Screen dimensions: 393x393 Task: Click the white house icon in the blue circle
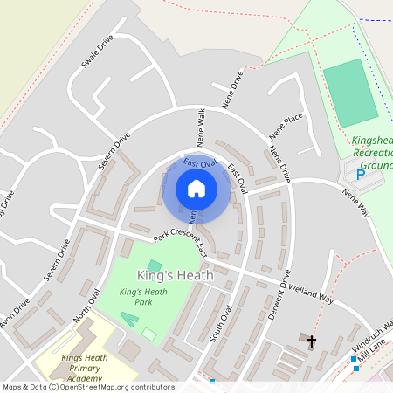point(196,189)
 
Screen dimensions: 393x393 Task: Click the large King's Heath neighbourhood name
point(174,275)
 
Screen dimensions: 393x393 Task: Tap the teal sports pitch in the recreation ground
point(351,93)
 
